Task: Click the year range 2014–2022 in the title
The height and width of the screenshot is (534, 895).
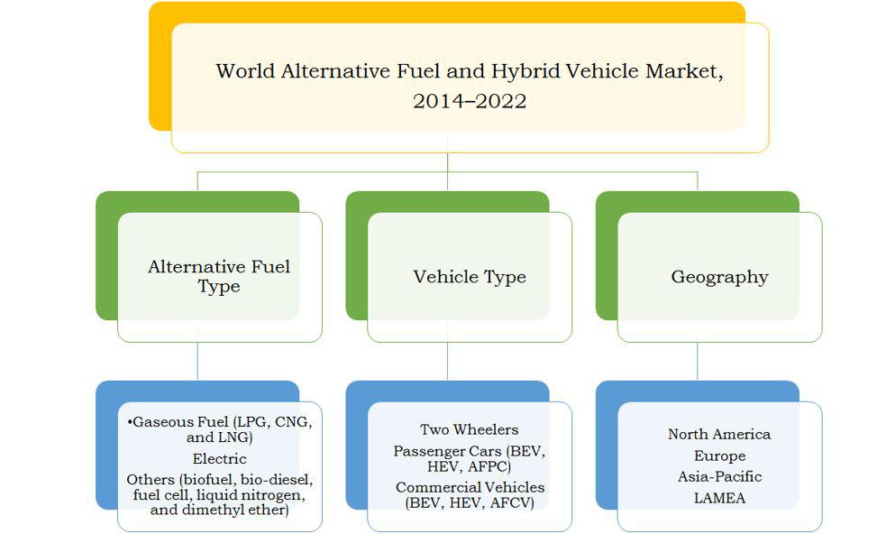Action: [470, 101]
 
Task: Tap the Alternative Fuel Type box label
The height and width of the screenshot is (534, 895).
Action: [219, 276]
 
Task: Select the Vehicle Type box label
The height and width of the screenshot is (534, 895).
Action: [470, 277]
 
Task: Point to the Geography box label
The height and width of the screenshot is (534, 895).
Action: [719, 277]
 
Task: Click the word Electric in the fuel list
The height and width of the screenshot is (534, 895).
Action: [219, 458]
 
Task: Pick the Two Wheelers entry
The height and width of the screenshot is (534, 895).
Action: [470, 429]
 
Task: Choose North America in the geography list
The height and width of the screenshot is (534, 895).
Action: [719, 434]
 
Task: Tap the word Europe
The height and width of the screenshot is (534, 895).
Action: [719, 456]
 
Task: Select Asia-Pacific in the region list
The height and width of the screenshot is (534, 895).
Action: [719, 476]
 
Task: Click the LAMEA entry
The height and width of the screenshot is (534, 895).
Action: [719, 498]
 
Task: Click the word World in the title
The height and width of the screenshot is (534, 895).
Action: [245, 71]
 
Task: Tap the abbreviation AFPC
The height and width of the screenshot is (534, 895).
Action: [489, 466]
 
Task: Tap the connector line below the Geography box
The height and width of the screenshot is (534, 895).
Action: [697, 361]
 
